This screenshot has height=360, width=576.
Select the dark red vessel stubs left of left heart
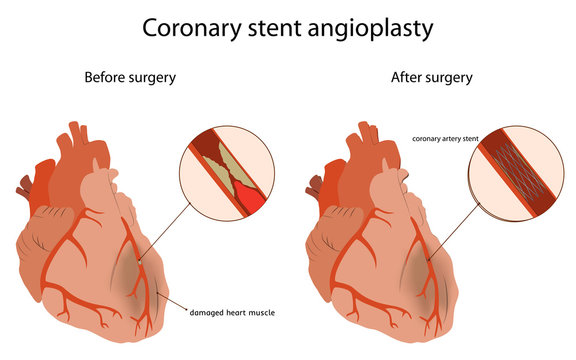[x=23, y=186]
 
